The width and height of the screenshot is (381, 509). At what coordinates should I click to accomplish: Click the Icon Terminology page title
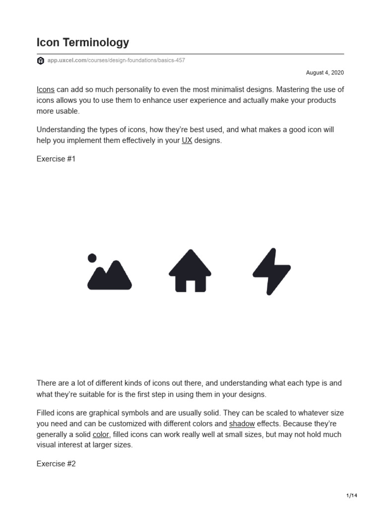point(83,43)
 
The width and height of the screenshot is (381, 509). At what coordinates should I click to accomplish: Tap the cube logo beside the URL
point(40,61)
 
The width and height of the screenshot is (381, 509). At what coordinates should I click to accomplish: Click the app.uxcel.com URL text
point(116,61)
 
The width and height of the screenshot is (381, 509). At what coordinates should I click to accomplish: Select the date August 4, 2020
point(325,73)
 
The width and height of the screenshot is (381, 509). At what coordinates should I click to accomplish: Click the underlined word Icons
point(46,90)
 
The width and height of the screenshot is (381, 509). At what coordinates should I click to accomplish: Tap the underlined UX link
point(187,141)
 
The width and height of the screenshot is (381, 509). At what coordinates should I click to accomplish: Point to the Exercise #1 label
point(56,159)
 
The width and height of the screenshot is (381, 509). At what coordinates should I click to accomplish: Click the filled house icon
point(190,271)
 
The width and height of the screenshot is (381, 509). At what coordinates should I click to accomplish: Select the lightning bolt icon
point(271,271)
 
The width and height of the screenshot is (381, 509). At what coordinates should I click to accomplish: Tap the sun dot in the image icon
point(92,257)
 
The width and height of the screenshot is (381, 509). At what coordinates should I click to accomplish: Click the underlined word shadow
point(242,424)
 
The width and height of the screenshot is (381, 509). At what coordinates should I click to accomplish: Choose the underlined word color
point(101,434)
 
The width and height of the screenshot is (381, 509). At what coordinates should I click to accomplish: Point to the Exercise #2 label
point(56,464)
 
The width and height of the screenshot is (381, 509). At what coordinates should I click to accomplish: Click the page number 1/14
point(351,496)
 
